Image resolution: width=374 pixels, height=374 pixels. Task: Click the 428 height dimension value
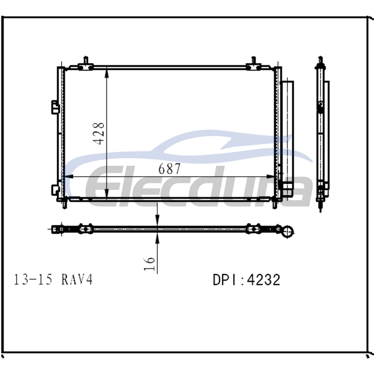pos(98,134)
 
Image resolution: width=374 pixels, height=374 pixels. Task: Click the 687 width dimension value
pos(169,169)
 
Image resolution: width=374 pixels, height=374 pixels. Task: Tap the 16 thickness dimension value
pos(149,264)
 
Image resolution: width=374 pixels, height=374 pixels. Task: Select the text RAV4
pos(77,279)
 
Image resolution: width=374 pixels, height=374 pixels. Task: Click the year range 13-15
pos(33,279)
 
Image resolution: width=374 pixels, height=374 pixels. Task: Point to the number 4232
pos(264,280)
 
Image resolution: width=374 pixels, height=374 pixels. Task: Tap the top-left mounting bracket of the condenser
pos(85,64)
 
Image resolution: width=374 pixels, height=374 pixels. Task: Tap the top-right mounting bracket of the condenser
pos(253,64)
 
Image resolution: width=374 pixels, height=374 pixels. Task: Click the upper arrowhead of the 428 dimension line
pos(107,73)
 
